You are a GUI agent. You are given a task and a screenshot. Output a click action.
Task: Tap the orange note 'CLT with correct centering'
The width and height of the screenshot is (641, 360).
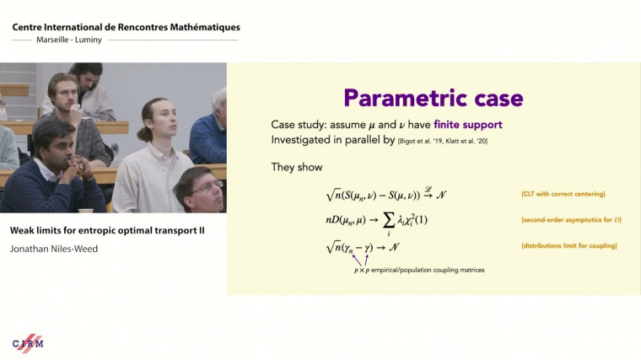click(x=563, y=195)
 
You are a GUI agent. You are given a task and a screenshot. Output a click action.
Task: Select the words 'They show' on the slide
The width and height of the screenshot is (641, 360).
click(x=296, y=167)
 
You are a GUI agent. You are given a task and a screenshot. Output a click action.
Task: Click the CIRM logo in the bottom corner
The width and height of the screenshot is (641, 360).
click(x=28, y=343)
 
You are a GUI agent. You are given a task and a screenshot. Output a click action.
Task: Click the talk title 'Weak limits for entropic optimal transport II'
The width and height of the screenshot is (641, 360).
click(x=107, y=230)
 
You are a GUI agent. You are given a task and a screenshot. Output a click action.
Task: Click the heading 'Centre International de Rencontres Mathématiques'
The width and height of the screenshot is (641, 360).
click(x=126, y=27)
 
